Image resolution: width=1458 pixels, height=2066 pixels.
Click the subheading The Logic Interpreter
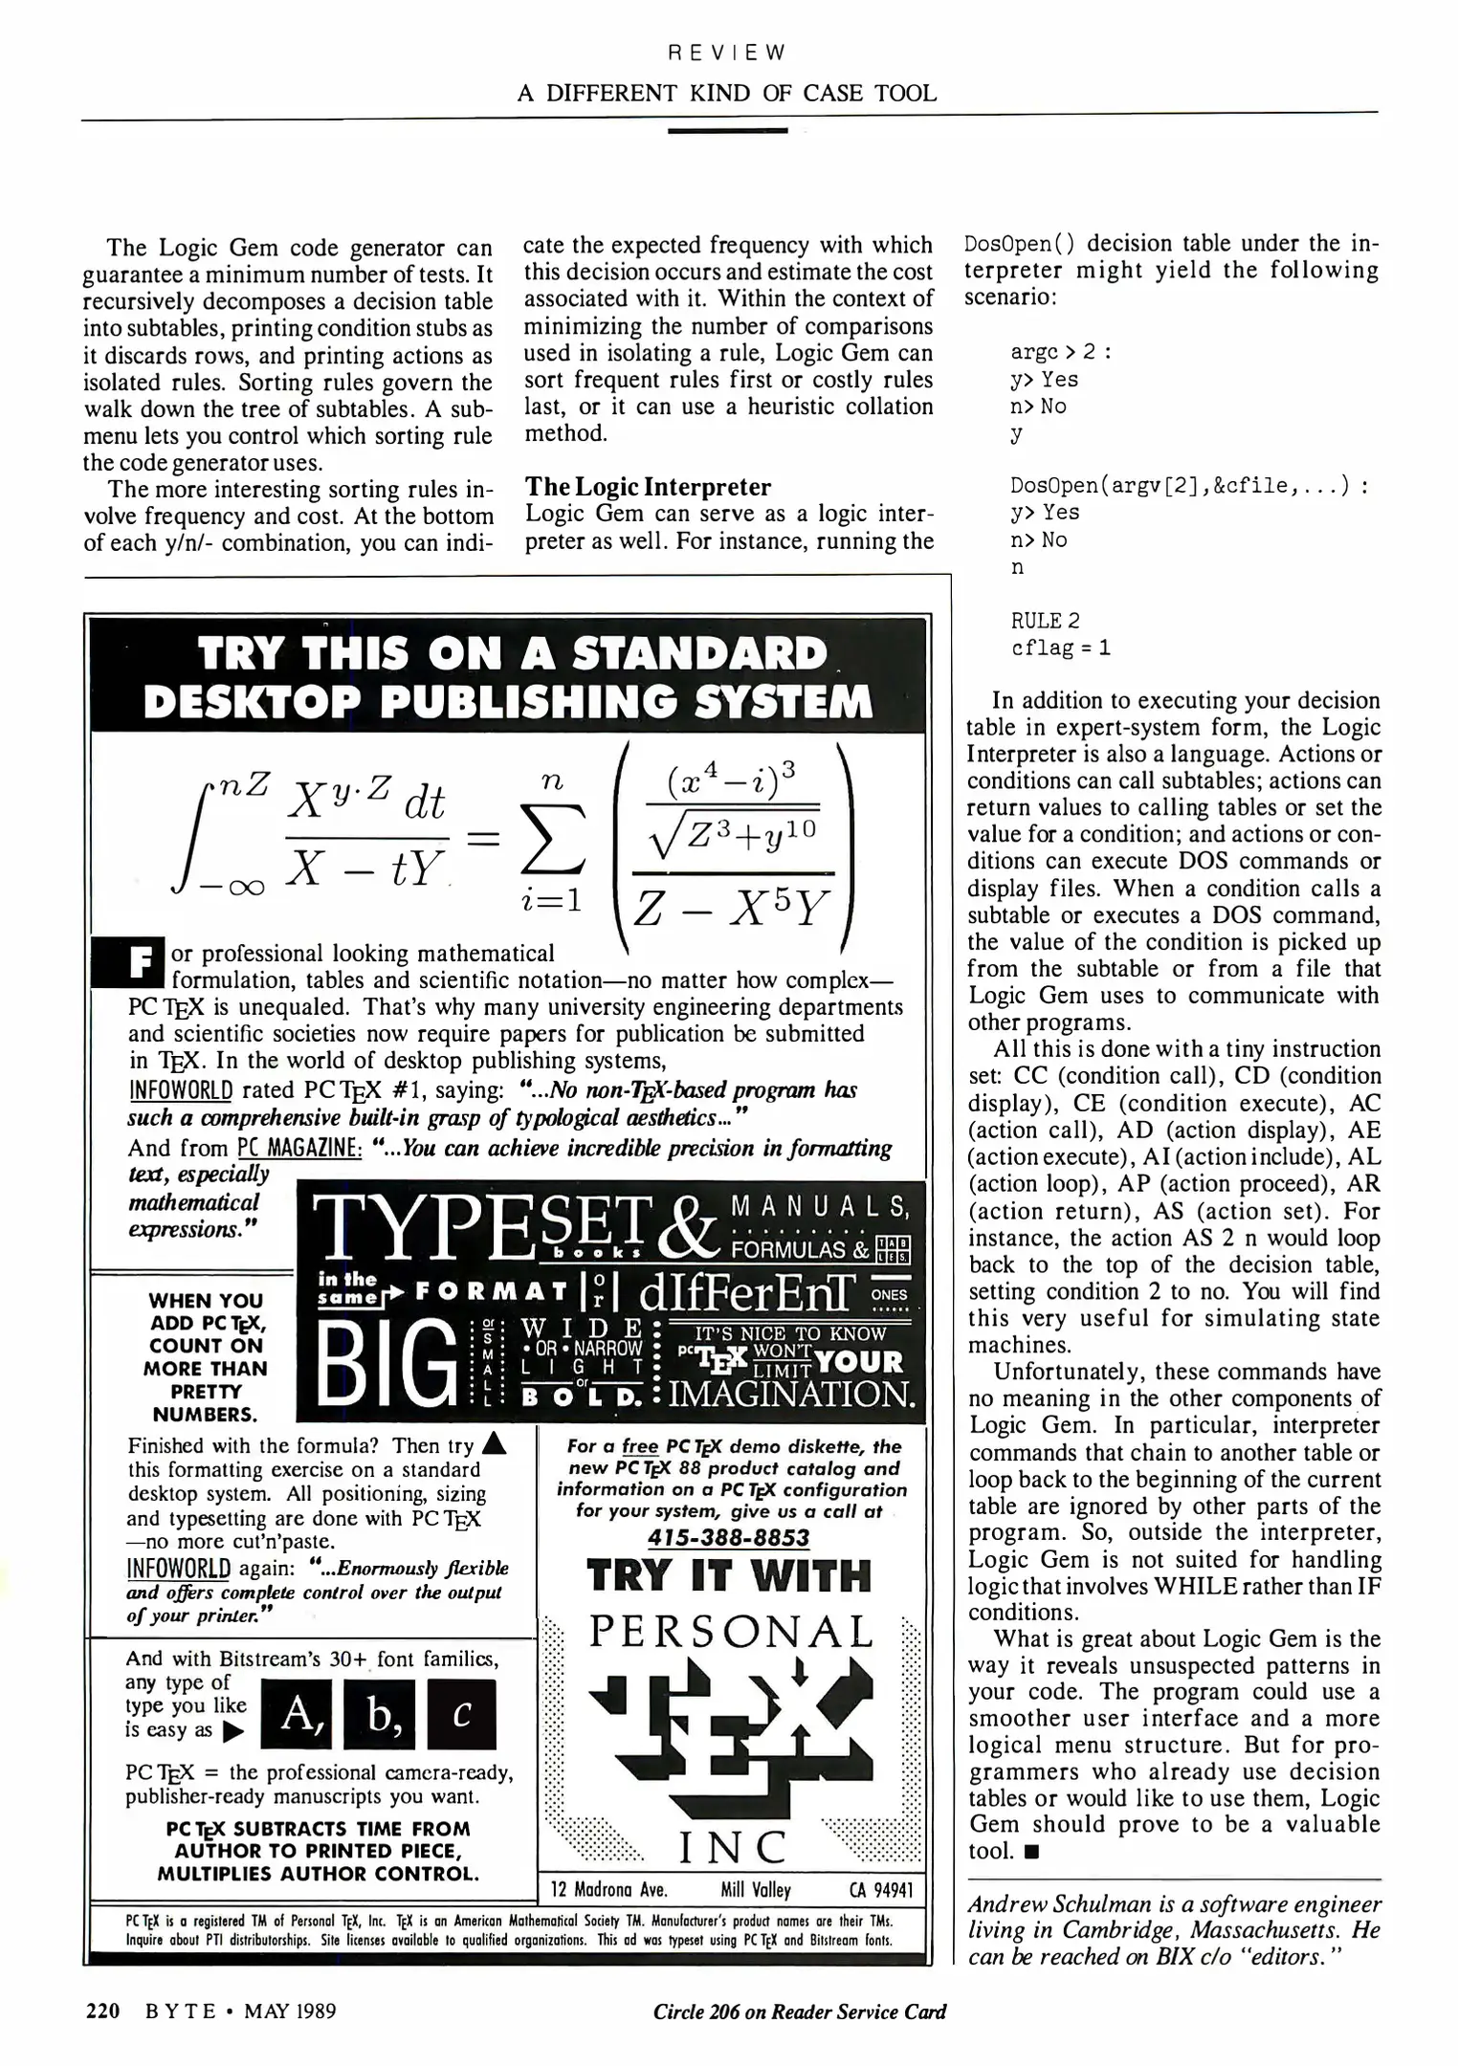coord(649,487)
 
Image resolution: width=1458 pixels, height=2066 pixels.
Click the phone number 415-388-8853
coord(729,1538)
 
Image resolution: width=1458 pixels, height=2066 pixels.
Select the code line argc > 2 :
coord(1060,352)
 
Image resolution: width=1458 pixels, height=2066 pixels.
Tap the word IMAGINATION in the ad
coord(791,1394)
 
